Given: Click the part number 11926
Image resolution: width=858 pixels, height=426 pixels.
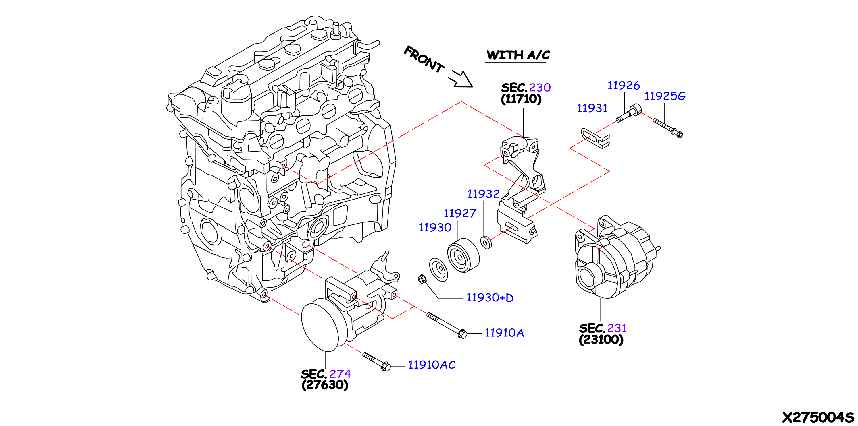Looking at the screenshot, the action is pos(624,86).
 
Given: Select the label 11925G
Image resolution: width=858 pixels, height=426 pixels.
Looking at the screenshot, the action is pos(665,96).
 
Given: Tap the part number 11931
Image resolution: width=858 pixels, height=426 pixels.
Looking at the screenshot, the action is pos(592,108).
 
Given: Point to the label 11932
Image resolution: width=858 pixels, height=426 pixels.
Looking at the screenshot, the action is pos(483,194).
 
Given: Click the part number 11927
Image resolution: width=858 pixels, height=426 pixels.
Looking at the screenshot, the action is pos(460,213).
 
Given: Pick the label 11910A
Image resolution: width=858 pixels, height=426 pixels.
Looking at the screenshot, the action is pos(504,332).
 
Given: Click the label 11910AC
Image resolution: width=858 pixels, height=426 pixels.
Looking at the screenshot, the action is pos(432,365).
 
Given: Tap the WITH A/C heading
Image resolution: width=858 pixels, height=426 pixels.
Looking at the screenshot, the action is pos(518,55).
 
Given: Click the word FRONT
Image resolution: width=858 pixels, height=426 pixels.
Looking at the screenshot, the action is pos(424,59).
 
